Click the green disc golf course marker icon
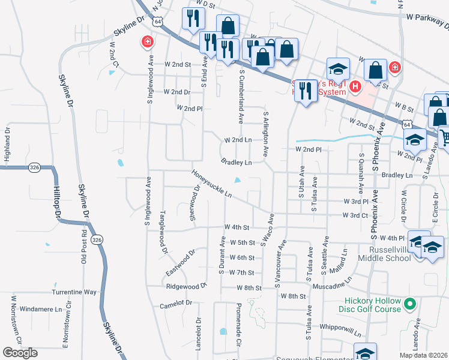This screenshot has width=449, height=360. [x=411, y=304]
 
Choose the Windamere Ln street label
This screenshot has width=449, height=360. [x=41, y=310]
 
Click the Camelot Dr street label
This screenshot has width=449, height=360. [x=176, y=305]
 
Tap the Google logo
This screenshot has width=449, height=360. [x=20, y=353]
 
